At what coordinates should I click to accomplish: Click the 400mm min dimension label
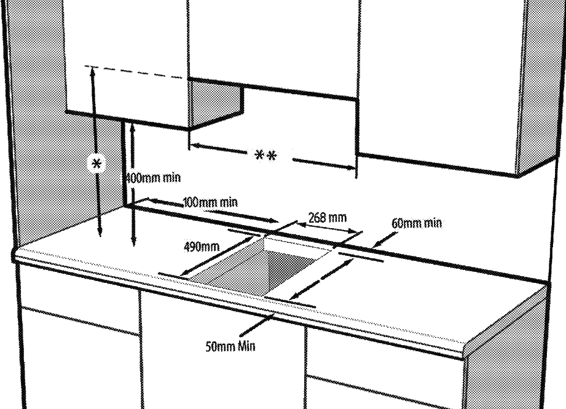pyautogui.click(x=153, y=178)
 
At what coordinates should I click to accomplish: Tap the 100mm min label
pyautogui.click(x=210, y=202)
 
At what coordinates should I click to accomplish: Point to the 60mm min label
pyautogui.click(x=417, y=223)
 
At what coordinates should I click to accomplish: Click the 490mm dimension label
pyautogui.click(x=201, y=247)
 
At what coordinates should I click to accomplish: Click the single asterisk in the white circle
pyautogui.click(x=96, y=164)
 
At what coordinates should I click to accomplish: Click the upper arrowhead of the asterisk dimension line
pyautogui.click(x=93, y=70)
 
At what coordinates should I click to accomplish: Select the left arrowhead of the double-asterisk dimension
pyautogui.click(x=193, y=146)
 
